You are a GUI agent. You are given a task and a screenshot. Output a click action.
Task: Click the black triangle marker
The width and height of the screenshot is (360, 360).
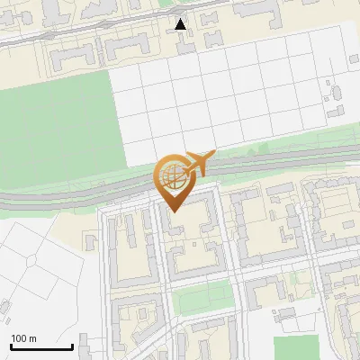pyautogui.click(x=181, y=24)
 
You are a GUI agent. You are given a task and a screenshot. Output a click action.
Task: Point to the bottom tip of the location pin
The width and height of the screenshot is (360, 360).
pyautogui.click(x=172, y=211)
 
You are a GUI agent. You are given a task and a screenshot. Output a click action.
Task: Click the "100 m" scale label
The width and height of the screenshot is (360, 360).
pyautogui.click(x=23, y=338)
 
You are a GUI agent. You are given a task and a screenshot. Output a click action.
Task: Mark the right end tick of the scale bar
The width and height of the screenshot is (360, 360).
pyautogui.click(x=72, y=346)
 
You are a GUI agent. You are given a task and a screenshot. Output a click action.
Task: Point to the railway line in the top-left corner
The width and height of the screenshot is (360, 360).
pyautogui.click(x=36, y=36)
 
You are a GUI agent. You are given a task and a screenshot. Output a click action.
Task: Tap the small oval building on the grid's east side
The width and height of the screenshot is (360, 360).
pyautogui.click(x=327, y=91)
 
